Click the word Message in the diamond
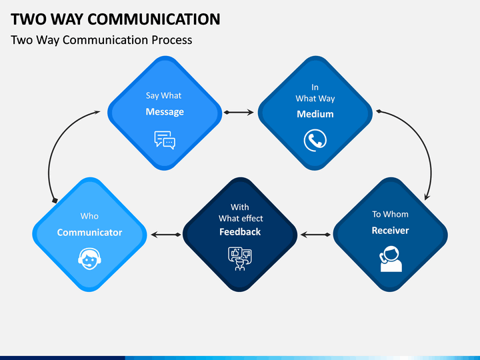pyautogui.click(x=165, y=112)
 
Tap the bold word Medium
pyautogui.click(x=315, y=114)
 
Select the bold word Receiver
pyautogui.click(x=390, y=230)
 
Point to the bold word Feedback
pyautogui.click(x=240, y=232)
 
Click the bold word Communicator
pyautogui.click(x=89, y=233)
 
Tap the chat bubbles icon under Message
pyautogui.click(x=165, y=140)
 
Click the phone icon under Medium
pyautogui.click(x=315, y=140)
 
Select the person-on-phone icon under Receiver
pyautogui.click(x=391, y=259)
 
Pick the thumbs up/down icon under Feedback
pyautogui.click(x=240, y=259)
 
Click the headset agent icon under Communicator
pyautogui.click(x=89, y=259)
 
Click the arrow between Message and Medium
pyautogui.click(x=239, y=113)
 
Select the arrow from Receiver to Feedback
pyautogui.click(x=315, y=235)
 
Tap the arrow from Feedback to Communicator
pyautogui.click(x=166, y=235)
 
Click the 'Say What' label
pyautogui.click(x=163, y=96)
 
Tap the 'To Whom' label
pyautogui.click(x=390, y=214)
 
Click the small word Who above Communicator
pyautogui.click(x=89, y=216)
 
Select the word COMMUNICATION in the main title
pyautogui.click(x=154, y=19)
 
